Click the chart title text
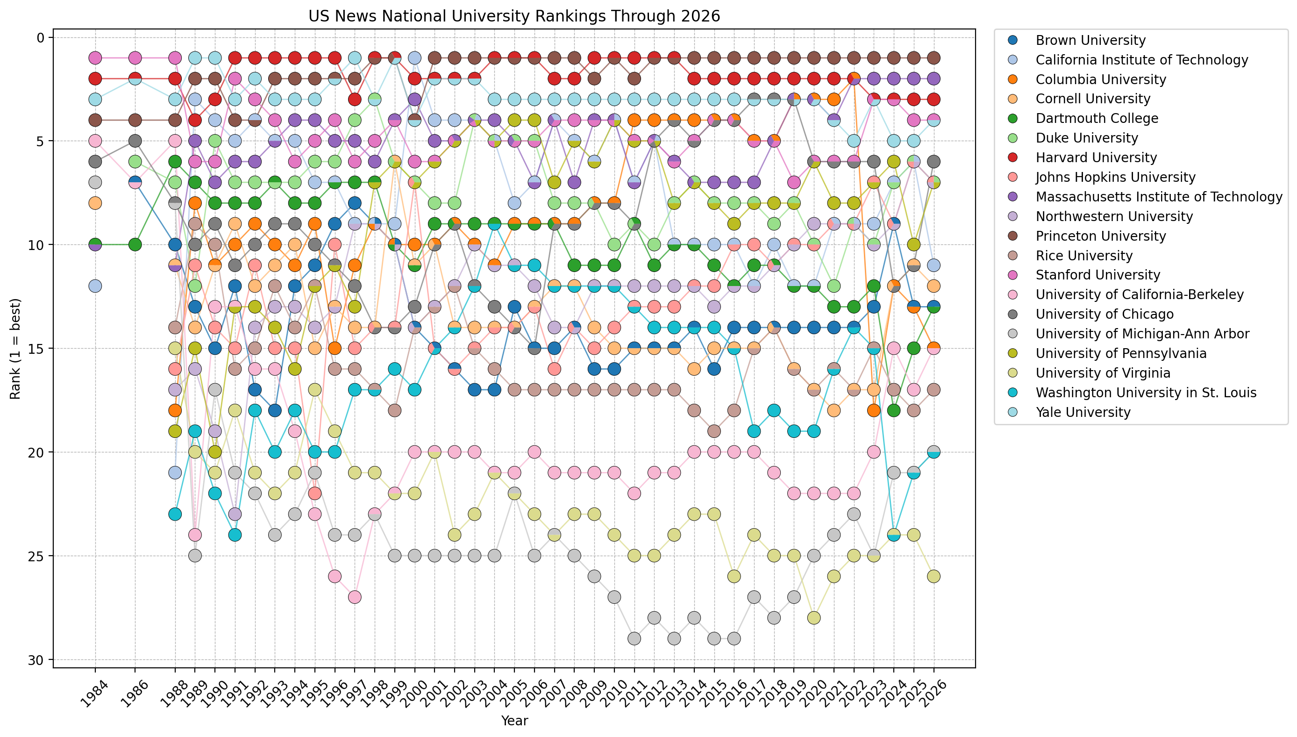513,16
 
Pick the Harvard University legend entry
1096,158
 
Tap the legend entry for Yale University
1083,413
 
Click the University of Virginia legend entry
1103,373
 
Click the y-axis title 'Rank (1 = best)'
15,349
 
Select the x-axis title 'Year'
513,721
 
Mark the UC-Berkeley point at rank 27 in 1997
355,597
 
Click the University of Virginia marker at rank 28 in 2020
814,618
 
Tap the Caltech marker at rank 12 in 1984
95,286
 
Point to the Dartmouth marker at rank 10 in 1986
135,244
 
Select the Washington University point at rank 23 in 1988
175,514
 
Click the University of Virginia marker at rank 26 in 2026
934,577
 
